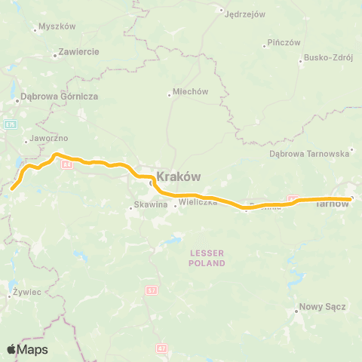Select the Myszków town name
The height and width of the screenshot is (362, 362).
point(57,26)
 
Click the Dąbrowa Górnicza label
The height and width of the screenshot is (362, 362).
point(60,96)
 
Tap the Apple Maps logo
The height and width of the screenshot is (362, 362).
point(27,349)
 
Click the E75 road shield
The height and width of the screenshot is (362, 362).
point(9,124)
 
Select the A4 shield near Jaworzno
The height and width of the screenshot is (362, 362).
point(66,164)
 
